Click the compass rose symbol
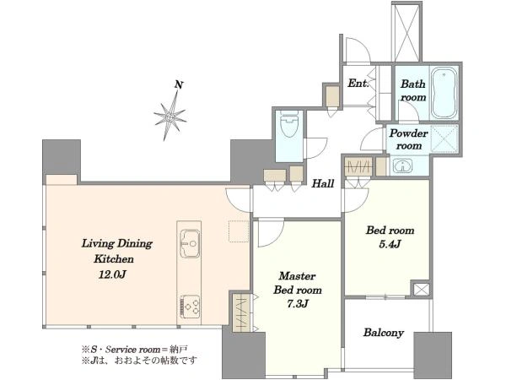pyautogui.click(x=170, y=116)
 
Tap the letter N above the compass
pyautogui.click(x=179, y=85)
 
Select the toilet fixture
pyautogui.click(x=289, y=124)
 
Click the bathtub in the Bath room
pyautogui.click(x=444, y=93)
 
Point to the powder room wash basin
pyautogui.click(x=403, y=166)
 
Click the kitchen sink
pyautogui.click(x=190, y=243)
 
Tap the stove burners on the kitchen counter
pyautogui.click(x=190, y=306)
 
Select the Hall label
pyautogui.click(x=323, y=184)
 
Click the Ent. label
pyautogui.click(x=358, y=84)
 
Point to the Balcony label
pyautogui.click(x=384, y=333)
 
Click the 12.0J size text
pyautogui.click(x=112, y=274)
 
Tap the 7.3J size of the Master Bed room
pyautogui.click(x=298, y=304)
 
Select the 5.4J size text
pyautogui.click(x=390, y=244)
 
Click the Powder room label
pyautogui.click(x=408, y=139)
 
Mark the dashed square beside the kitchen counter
pyautogui.click(x=239, y=231)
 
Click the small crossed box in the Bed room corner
pyautogui.click(x=421, y=289)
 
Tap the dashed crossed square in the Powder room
pyautogui.click(x=444, y=138)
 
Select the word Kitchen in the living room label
pyautogui.click(x=114, y=259)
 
